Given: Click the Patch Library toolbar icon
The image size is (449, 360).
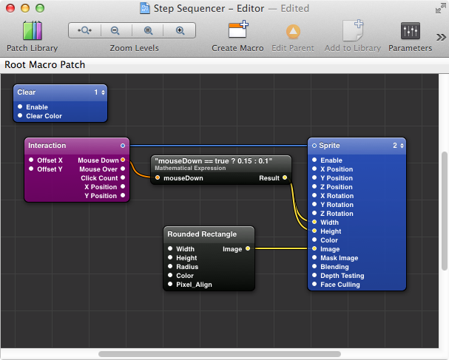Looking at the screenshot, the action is click(33, 30).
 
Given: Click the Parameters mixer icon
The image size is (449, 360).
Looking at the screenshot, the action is click(411, 31).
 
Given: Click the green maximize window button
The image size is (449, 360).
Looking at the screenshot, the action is click(40, 8).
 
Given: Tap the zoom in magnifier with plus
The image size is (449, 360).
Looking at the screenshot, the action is click(180, 30).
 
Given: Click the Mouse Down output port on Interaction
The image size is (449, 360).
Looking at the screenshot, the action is click(123, 160).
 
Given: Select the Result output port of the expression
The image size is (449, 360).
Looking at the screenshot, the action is click(285, 177).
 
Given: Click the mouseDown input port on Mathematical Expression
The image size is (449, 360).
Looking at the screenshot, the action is click(158, 177).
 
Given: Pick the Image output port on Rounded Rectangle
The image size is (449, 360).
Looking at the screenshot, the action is click(248, 248).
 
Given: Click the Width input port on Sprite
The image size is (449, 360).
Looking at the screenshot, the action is click(314, 222).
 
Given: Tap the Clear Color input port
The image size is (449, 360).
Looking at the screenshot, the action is click(20, 115).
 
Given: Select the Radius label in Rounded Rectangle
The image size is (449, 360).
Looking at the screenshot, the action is click(187, 267).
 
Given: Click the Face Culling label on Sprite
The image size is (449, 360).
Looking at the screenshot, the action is click(340, 285).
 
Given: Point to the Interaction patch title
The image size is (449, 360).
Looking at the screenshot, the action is click(47, 146).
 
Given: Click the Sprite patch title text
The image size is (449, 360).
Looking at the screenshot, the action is click(329, 146).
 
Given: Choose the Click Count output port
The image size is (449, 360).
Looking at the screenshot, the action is click(123, 177).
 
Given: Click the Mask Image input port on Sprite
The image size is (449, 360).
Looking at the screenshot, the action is click(314, 257).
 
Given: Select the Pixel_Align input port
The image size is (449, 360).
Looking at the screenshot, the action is click(170, 284).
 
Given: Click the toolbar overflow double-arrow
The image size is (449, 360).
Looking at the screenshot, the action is click(441, 37).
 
